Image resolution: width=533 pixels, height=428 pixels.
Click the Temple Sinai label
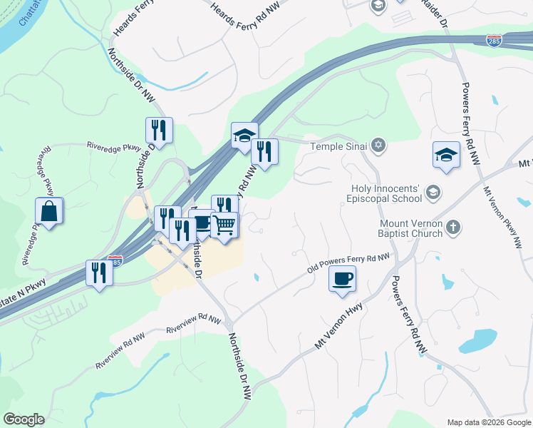point(338,146)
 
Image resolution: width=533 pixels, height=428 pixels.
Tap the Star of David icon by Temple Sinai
point(378,146)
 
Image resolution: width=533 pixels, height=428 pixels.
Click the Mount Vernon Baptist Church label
point(409,228)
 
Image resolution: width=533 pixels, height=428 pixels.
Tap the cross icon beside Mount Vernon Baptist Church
point(452,228)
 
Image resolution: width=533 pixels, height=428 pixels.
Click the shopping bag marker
point(49,211)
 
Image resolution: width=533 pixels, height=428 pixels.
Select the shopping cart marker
point(224,225)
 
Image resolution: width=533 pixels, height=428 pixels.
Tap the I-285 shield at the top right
point(494,40)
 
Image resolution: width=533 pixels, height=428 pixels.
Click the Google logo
point(24,419)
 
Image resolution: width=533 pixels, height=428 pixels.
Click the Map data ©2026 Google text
point(489,422)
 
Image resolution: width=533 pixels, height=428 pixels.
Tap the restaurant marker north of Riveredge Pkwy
point(158,130)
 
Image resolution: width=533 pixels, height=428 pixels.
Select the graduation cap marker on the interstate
point(244,134)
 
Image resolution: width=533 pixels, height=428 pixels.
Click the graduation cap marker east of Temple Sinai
point(446,154)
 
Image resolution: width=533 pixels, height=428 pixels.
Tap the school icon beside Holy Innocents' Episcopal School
point(432,193)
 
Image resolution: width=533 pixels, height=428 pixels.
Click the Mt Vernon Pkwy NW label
point(504,217)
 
